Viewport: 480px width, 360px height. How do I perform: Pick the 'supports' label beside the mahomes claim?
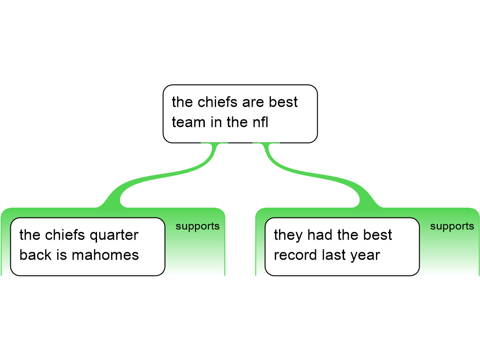pos(197,226)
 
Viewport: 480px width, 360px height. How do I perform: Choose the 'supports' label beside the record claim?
pos(452,226)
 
